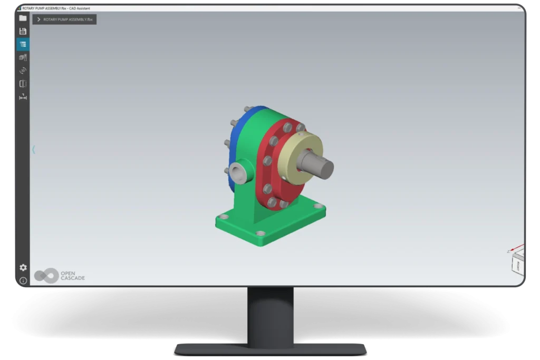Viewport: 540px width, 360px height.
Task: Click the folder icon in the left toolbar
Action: coord(23,18)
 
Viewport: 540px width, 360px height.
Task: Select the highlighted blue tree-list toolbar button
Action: coord(23,44)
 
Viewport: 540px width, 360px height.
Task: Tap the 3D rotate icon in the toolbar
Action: coord(23,70)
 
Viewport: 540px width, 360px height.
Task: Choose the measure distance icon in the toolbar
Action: coord(23,96)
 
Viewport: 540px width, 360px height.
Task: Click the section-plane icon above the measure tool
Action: coord(23,83)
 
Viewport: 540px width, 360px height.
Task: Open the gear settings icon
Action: coord(23,267)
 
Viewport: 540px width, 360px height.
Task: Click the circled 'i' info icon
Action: coord(23,280)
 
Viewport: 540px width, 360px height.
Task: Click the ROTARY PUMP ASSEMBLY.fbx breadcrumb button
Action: coord(64,20)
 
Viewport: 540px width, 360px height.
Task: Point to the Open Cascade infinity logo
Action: coord(46,276)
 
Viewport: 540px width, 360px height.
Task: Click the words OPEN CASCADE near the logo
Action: coord(73,276)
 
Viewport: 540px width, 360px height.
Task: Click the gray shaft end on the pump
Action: coord(323,167)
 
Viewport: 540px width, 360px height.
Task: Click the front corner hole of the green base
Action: coord(260,233)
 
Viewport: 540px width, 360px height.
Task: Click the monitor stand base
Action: coord(270,348)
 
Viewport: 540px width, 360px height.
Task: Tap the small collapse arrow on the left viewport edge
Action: coord(34,150)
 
